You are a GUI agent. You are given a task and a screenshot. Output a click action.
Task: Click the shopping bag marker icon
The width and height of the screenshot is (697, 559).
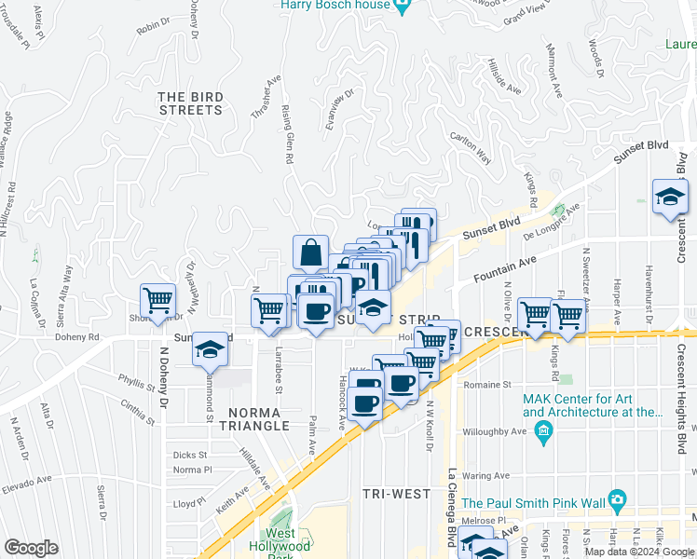(310, 253)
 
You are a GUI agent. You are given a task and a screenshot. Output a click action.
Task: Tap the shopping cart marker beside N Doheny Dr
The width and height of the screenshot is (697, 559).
(158, 302)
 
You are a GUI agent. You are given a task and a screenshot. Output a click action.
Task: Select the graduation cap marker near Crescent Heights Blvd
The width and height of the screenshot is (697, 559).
(670, 198)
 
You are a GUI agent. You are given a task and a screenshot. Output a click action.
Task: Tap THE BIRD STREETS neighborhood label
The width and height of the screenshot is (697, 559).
(190, 102)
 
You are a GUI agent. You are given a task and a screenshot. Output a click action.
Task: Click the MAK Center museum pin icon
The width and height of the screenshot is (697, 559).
(544, 429)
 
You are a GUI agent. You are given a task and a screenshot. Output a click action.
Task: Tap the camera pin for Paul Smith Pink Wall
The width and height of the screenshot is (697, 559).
(616, 500)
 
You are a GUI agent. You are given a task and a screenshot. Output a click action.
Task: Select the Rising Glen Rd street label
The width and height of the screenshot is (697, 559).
(287, 135)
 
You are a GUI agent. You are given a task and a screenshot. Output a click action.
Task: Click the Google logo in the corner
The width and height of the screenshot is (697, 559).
(31, 548)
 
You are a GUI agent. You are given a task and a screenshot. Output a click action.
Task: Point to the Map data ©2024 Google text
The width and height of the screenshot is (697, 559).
(638, 552)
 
